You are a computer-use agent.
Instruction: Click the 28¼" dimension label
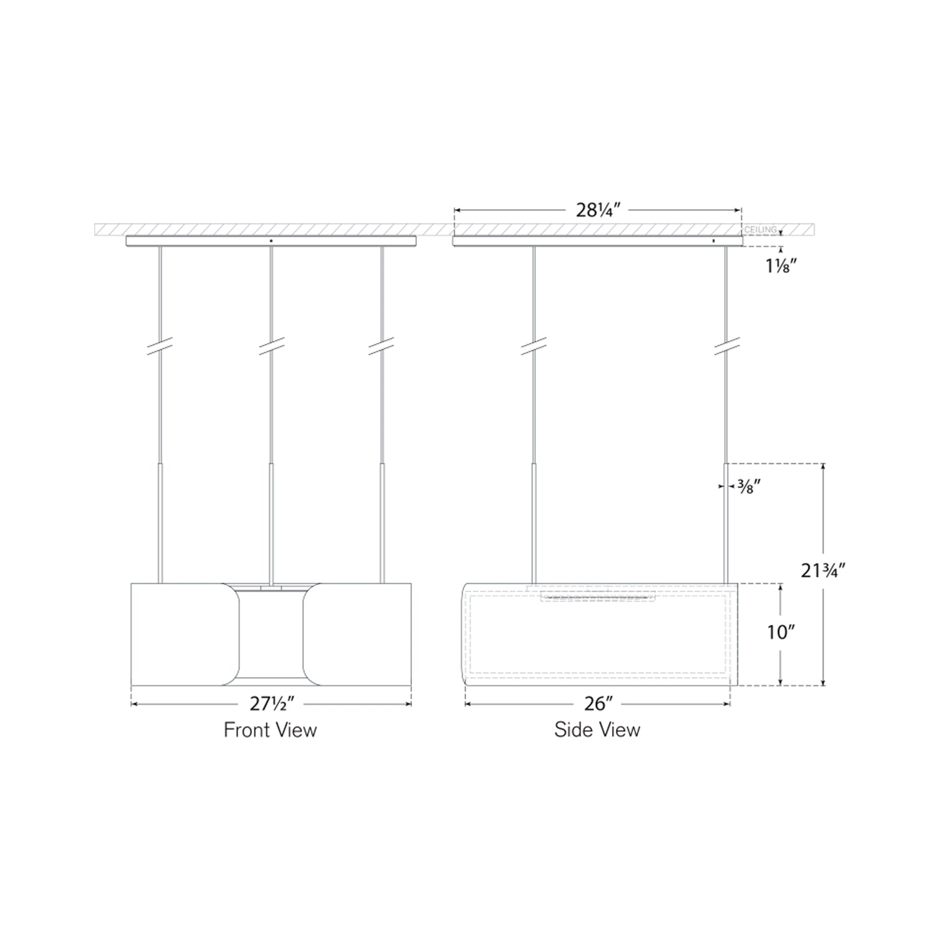[x=598, y=210]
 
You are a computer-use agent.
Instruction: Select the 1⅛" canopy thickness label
[x=781, y=266]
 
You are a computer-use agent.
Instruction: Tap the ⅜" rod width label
[x=748, y=486]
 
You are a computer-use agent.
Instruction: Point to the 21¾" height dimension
[x=823, y=570]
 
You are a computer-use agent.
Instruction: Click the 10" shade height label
[x=780, y=632]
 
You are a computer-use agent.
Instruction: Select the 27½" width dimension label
[x=272, y=704]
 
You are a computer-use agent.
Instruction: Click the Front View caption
[x=270, y=730]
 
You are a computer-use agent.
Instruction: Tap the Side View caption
[x=597, y=730]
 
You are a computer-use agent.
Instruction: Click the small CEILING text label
[x=760, y=230]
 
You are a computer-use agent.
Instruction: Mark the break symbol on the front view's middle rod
[x=272, y=346]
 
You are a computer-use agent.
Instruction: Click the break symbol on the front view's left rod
[x=160, y=346]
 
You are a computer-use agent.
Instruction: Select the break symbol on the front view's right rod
[x=381, y=346]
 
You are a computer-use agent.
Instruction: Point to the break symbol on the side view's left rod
[x=534, y=346]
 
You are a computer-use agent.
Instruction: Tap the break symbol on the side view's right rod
[x=727, y=346]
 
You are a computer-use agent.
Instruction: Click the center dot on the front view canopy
[x=271, y=240]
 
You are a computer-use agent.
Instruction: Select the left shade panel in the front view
[x=185, y=634]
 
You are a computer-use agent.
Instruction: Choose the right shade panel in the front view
[x=357, y=634]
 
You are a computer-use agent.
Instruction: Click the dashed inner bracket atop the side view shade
[x=598, y=595]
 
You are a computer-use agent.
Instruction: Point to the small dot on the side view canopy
[x=713, y=240]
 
